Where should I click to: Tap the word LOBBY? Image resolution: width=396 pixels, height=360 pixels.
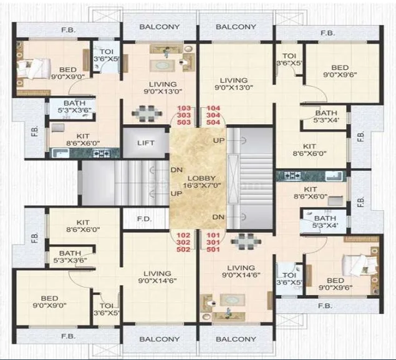click(x=198, y=177)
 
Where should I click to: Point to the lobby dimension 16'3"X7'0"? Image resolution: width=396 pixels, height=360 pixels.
click(x=198, y=186)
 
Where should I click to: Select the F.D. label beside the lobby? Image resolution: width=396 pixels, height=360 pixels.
click(x=144, y=220)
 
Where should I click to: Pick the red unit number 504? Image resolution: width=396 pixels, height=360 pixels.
click(x=213, y=124)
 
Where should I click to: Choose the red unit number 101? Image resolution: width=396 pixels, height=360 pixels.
click(x=213, y=235)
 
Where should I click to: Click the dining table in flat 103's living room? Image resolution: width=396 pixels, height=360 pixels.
click(x=145, y=113)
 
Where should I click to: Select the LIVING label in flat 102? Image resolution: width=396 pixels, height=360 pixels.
click(x=157, y=273)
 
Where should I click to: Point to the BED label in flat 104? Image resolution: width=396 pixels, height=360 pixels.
click(x=340, y=67)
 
